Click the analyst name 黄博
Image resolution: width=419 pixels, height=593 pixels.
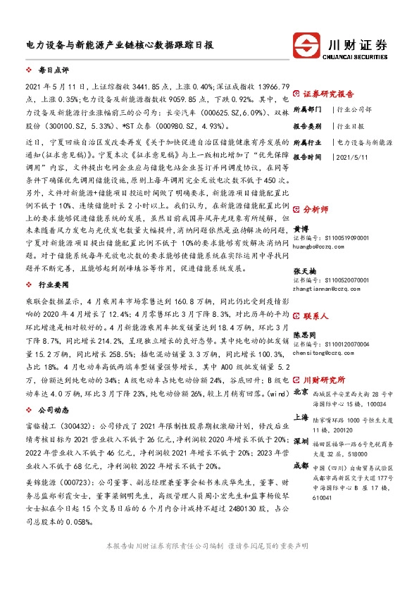pos(301,229)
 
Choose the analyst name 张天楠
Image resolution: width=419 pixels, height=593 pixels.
pos(304,270)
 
